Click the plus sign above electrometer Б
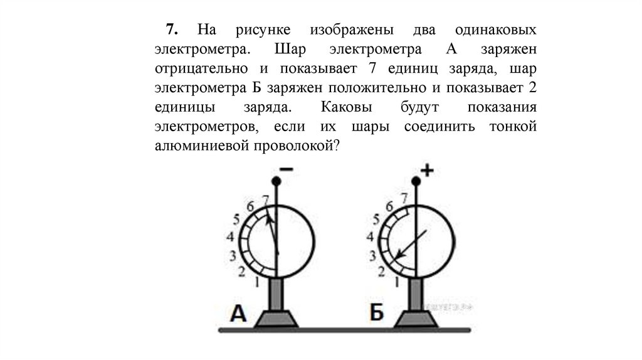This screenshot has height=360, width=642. [427, 171]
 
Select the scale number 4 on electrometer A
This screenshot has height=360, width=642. [229, 237]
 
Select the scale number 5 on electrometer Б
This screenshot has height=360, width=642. [376, 220]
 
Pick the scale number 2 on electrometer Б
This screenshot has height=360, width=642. [381, 272]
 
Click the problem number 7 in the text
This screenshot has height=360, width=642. [171, 31]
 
